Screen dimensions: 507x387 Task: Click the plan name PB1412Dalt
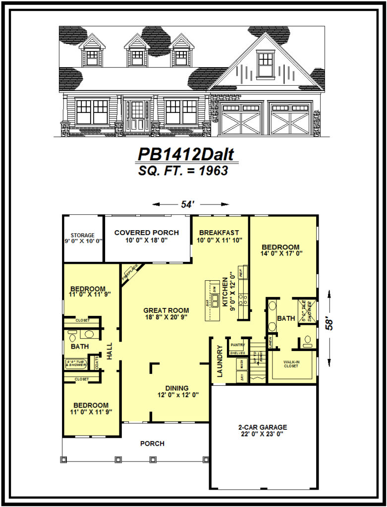pos(187,154)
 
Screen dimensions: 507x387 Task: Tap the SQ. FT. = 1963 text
pos(183,171)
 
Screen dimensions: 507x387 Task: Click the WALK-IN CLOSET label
pos(290,365)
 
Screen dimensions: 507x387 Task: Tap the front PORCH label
pos(152,444)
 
